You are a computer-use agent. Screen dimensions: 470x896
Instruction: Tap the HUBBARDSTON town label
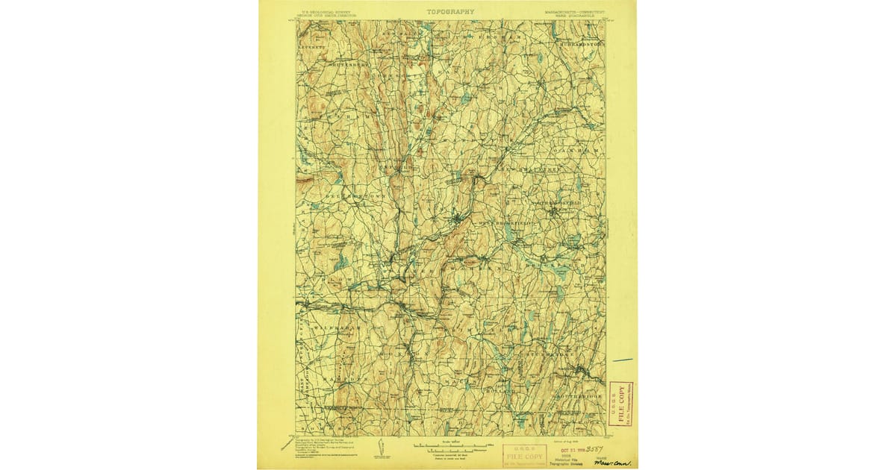click(579, 44)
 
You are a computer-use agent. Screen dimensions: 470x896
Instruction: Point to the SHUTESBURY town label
click(324, 65)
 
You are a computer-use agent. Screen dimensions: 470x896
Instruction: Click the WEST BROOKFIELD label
click(507, 223)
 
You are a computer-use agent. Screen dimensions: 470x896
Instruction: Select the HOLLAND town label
click(500, 390)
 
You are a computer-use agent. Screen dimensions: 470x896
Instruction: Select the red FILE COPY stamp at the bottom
click(524, 454)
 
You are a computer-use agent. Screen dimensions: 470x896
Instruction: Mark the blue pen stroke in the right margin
click(622, 360)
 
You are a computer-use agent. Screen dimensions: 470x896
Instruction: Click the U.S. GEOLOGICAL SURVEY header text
click(326, 12)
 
